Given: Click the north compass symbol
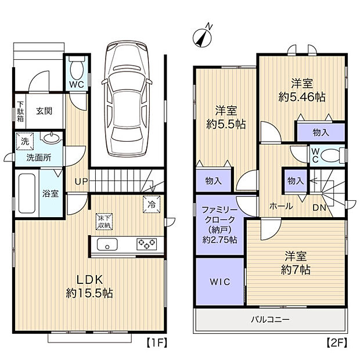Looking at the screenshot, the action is click(202, 37).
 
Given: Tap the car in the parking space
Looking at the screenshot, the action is click(127, 99).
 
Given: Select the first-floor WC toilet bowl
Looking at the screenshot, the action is click(77, 69).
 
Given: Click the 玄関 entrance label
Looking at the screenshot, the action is click(44, 111).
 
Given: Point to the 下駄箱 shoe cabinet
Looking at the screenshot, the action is click(21, 111).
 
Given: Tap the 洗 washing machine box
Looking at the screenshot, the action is click(25, 142).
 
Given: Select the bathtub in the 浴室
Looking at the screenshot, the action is click(27, 193).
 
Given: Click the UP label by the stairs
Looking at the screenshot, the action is click(81, 181).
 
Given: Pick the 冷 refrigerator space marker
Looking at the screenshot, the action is click(152, 204).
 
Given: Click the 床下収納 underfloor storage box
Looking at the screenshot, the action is click(105, 222).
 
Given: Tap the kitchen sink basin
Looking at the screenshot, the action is click(107, 244).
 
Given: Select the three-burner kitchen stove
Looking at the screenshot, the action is click(146, 244).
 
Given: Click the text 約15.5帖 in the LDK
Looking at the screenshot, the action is click(89, 293).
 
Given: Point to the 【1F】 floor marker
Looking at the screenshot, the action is click(157, 343).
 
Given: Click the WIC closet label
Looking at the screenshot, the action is click(220, 282).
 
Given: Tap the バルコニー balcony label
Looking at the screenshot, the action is click(270, 320).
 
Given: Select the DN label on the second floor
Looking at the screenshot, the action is click(319, 208).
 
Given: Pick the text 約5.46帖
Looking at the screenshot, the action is click(302, 97).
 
